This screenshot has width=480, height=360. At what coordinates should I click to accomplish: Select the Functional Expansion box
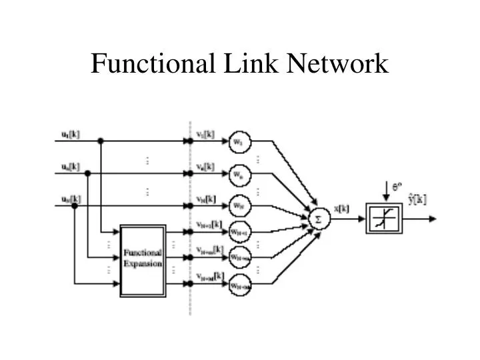click(x=143, y=260)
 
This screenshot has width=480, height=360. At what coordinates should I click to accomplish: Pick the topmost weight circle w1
click(x=238, y=141)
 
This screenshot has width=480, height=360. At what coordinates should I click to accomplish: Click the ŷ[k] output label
click(x=417, y=199)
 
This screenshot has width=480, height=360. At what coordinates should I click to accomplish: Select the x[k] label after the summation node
click(x=341, y=209)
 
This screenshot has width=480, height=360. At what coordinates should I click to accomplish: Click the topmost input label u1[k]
click(x=67, y=134)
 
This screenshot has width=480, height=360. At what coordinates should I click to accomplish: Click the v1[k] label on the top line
click(x=205, y=134)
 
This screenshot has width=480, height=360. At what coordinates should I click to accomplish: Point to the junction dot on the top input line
click(x=101, y=141)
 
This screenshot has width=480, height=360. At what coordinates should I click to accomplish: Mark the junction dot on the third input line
click(x=75, y=206)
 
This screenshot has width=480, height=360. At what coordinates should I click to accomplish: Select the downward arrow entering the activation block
click(x=385, y=195)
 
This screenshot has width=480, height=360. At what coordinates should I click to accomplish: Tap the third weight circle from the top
click(x=238, y=206)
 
